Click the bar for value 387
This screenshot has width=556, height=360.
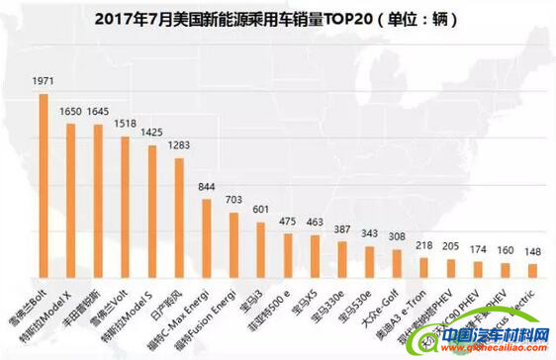click(341, 259)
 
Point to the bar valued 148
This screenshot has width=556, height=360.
click(531, 270)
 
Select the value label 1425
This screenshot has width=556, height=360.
click(151, 133)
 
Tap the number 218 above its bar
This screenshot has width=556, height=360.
click(422, 245)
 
